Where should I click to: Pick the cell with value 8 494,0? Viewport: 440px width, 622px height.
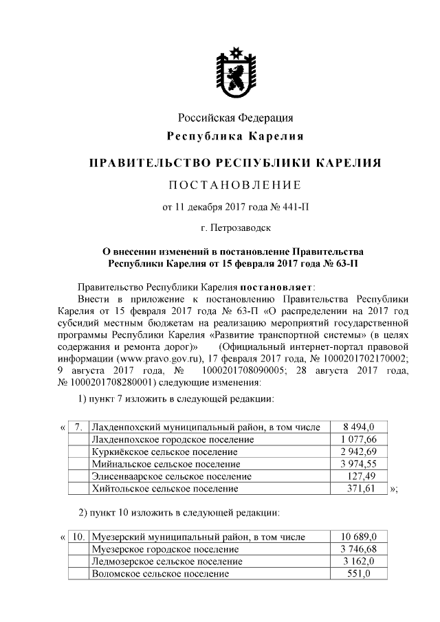click(x=360, y=427)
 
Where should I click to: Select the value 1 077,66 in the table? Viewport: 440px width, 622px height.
click(x=360, y=439)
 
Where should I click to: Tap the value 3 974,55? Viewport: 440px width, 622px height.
click(x=360, y=464)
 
